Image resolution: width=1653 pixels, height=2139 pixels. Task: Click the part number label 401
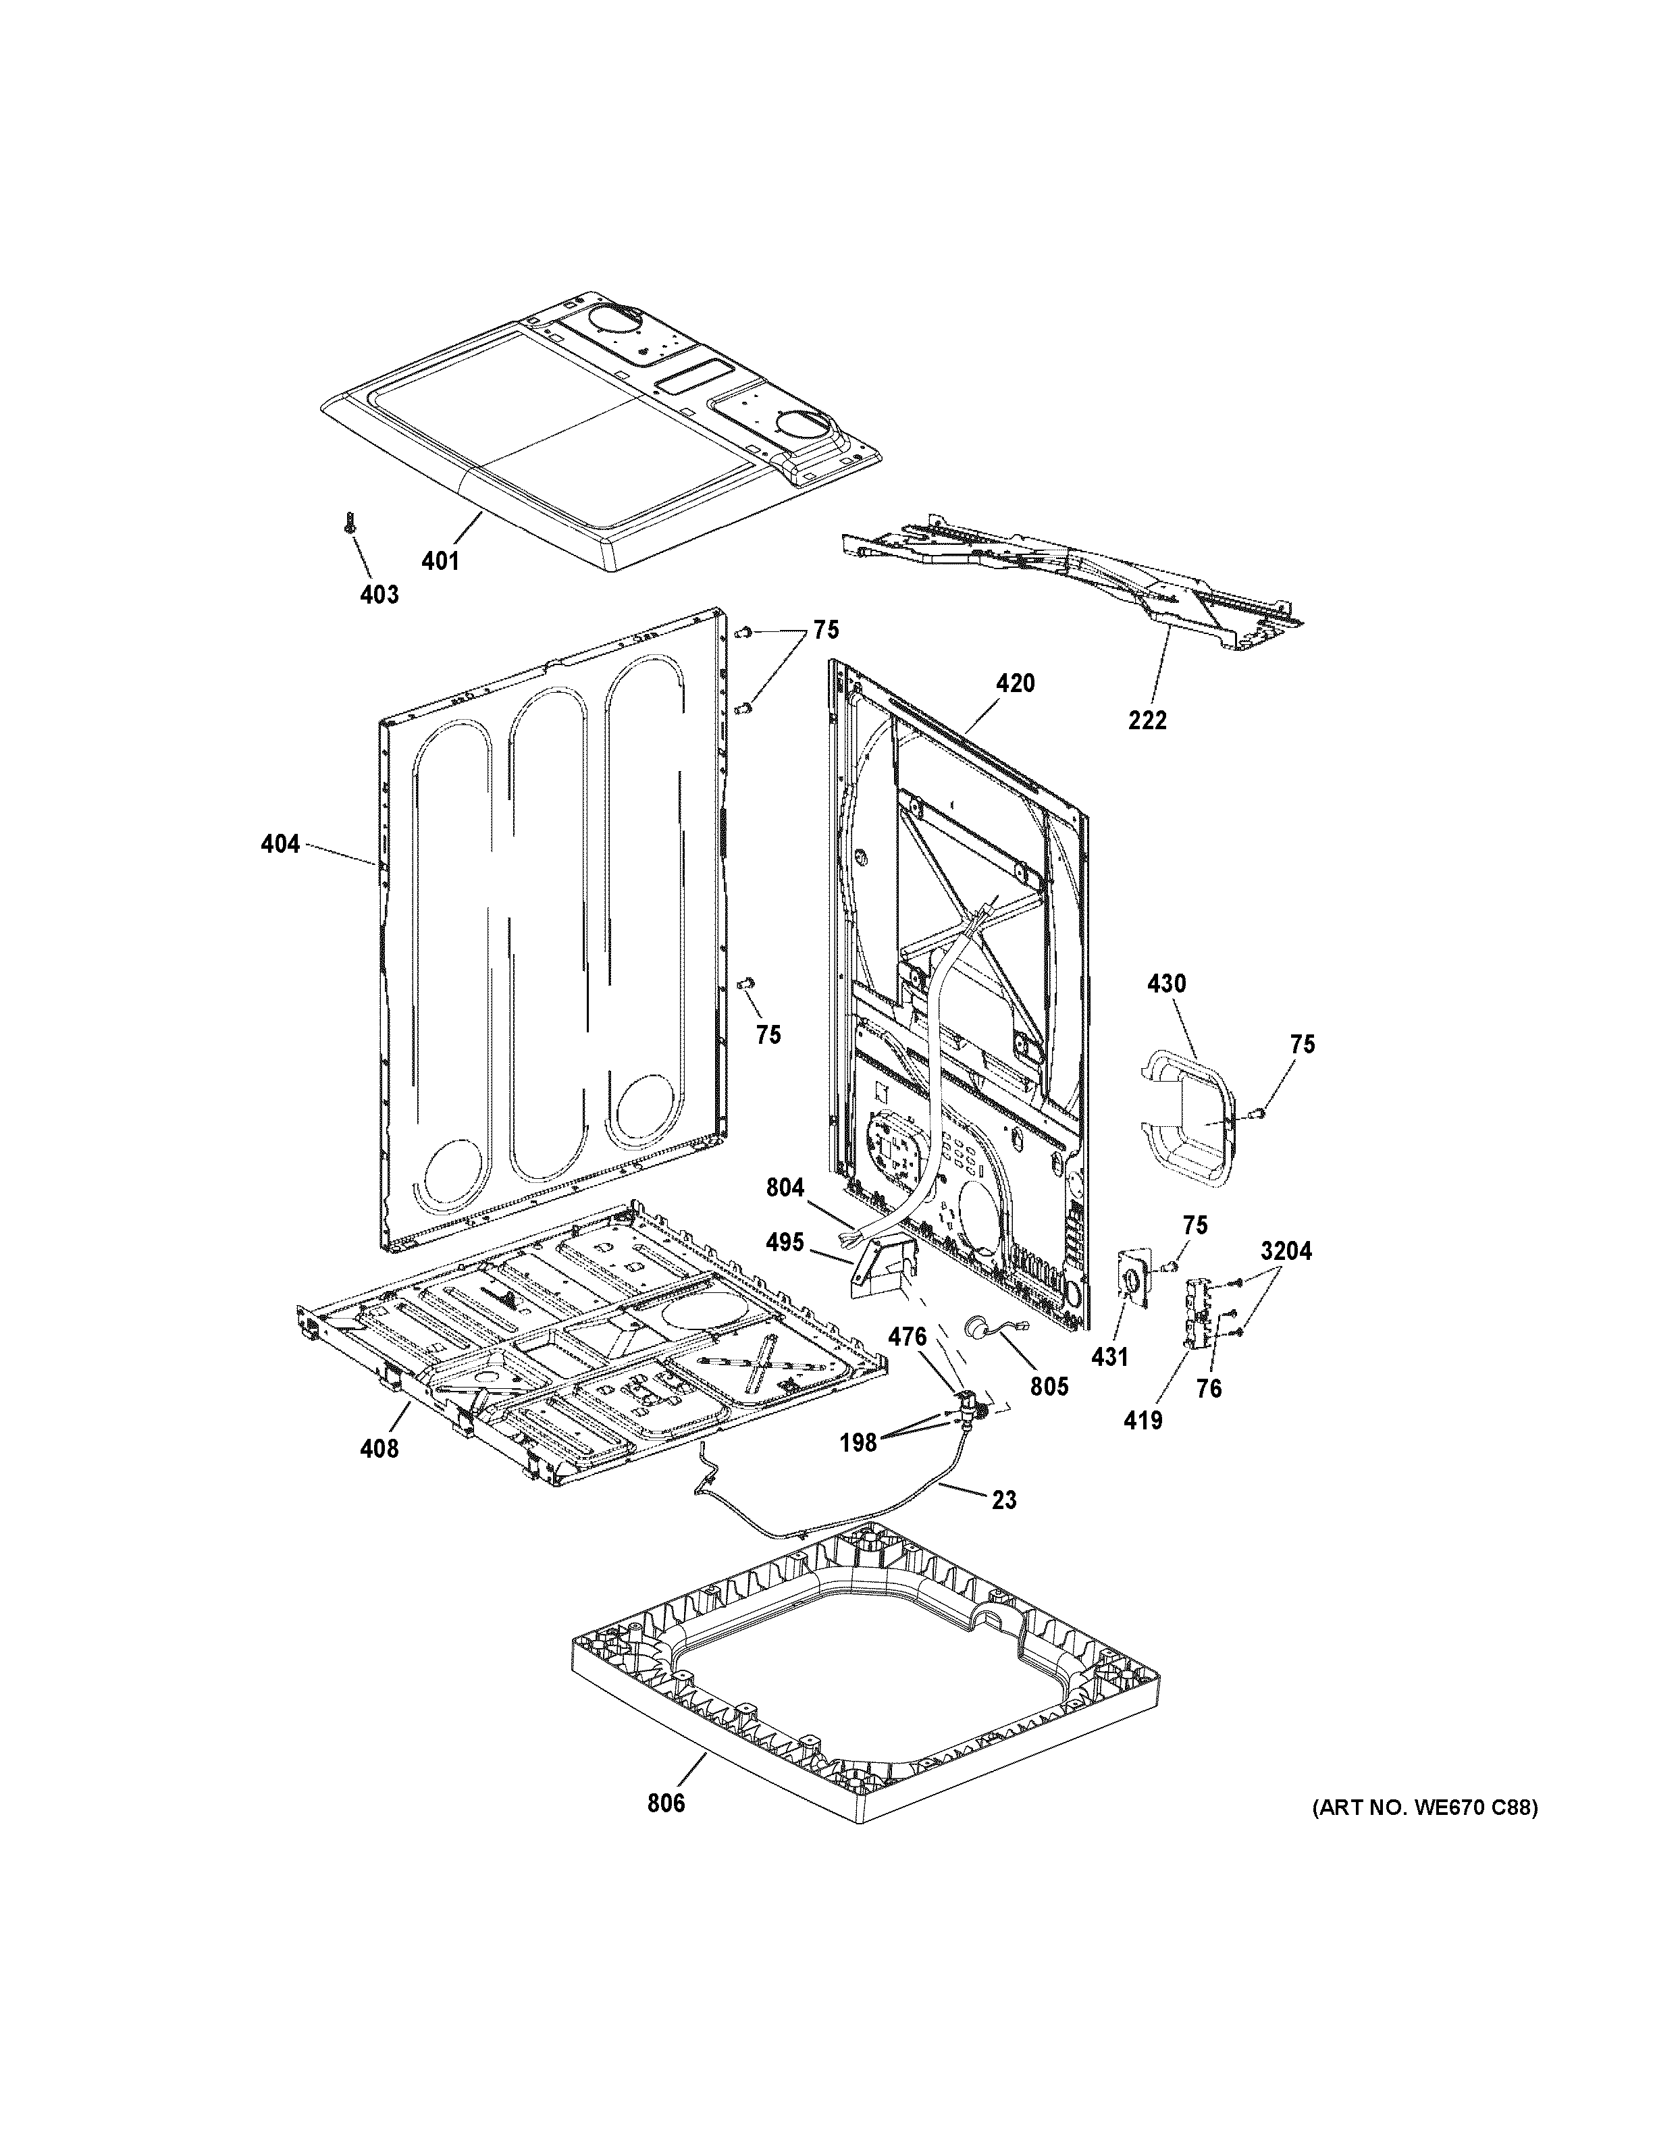(x=440, y=561)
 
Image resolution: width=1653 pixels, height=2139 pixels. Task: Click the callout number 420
(x=1016, y=683)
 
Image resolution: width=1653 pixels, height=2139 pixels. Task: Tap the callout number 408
(x=379, y=1448)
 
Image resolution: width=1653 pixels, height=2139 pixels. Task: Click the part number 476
(x=908, y=1335)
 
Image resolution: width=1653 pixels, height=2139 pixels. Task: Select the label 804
(x=785, y=1188)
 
